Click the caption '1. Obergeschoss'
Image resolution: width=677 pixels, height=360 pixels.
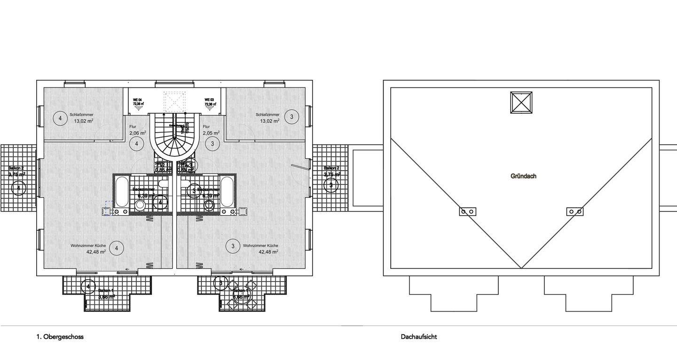60,337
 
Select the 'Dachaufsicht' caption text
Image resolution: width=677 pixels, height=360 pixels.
419,337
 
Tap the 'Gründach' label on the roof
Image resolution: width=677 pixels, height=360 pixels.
523,176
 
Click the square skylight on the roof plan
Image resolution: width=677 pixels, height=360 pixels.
521,102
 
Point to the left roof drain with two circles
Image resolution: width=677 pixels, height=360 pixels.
467,211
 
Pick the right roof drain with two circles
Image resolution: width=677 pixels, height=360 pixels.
575,211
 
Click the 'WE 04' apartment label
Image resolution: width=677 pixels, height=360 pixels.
138,100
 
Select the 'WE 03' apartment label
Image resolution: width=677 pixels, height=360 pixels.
209,100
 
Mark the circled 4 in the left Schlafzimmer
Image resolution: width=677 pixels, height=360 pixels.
60,118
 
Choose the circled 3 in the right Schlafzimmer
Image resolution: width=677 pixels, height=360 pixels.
292,117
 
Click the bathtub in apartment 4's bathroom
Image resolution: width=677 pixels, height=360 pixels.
122,192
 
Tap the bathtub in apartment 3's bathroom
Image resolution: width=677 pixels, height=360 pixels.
227,192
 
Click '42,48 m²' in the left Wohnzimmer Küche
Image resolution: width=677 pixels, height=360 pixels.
96,251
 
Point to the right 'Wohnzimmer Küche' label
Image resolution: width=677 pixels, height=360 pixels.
260,245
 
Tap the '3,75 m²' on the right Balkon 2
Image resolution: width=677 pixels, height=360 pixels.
332,174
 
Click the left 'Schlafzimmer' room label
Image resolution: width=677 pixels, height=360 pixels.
81,114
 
